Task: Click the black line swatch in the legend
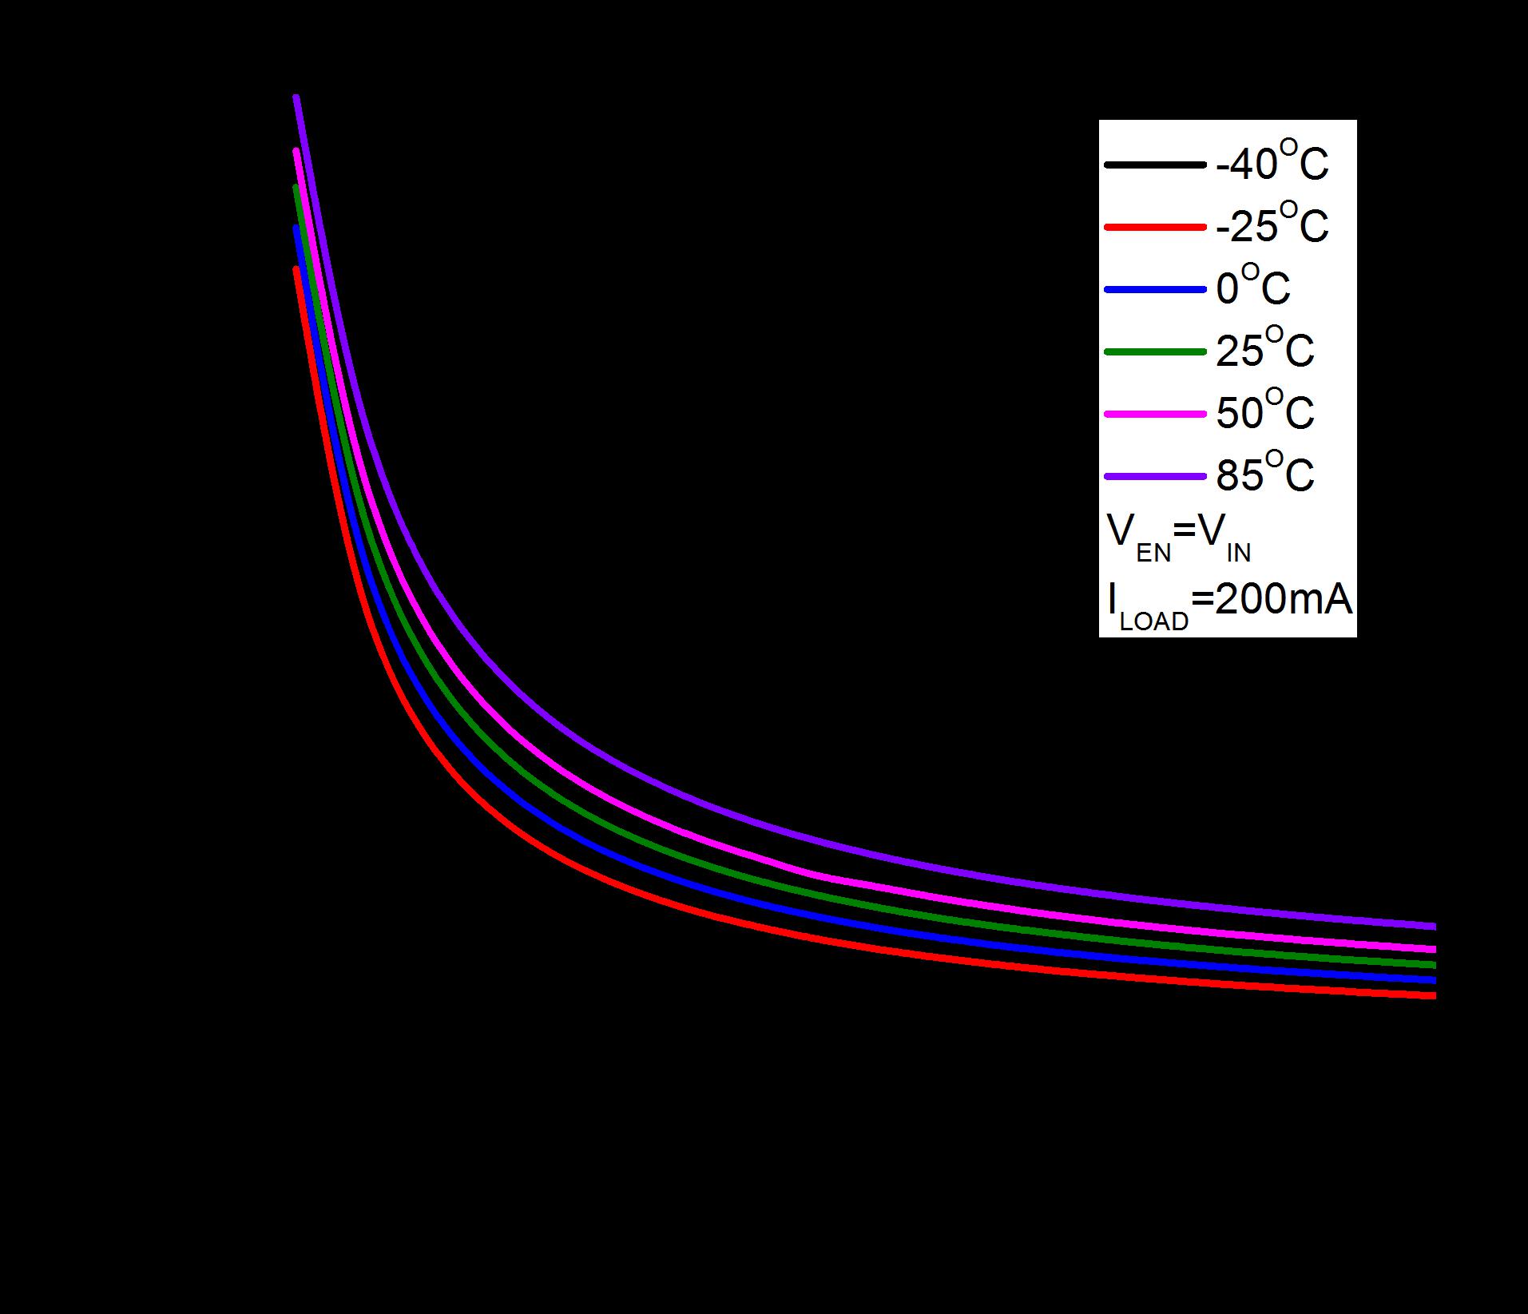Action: click(1155, 165)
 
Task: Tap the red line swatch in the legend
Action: click(1155, 228)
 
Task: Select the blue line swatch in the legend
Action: click(1155, 290)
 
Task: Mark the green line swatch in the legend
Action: click(1155, 352)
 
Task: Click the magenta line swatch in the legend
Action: click(1155, 414)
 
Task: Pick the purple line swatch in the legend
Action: click(1155, 477)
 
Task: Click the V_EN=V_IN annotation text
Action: click(1178, 537)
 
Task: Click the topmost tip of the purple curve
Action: click(296, 97)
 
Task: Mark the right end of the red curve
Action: click(1435, 995)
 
